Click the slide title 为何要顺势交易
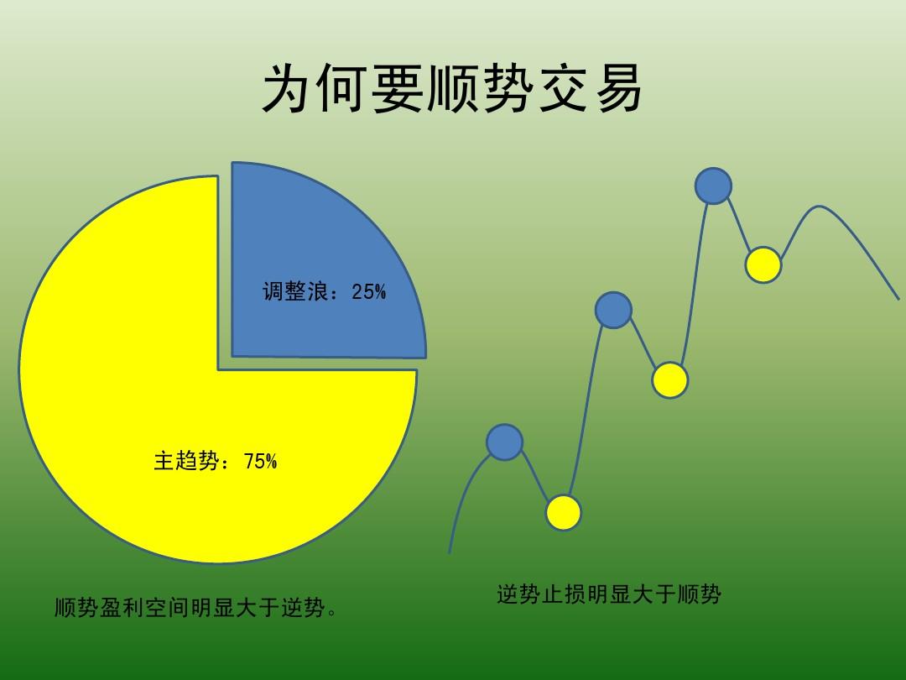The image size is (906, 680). coord(452,88)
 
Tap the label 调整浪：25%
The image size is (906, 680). coord(324,291)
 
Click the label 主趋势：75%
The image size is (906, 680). coord(216,462)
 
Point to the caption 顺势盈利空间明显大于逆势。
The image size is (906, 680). coord(195,608)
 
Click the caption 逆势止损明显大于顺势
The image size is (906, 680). coord(609,594)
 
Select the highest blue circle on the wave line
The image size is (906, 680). coord(713,186)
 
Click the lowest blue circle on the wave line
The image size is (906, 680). coord(504,442)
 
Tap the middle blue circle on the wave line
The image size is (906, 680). coord(613,311)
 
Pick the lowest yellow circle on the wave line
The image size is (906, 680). coord(564,513)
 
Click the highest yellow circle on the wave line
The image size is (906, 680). coord(763,264)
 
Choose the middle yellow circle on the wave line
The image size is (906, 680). coord(669,380)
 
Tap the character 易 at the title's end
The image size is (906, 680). coord(619,88)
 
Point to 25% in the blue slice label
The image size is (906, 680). coord(368,291)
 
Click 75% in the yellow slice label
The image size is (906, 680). coord(261,462)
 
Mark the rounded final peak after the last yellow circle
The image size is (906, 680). coord(818,207)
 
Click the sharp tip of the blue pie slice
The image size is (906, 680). coord(232,356)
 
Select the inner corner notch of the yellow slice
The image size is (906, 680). coord(218,369)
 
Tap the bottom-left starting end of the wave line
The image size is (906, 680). coord(450,552)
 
